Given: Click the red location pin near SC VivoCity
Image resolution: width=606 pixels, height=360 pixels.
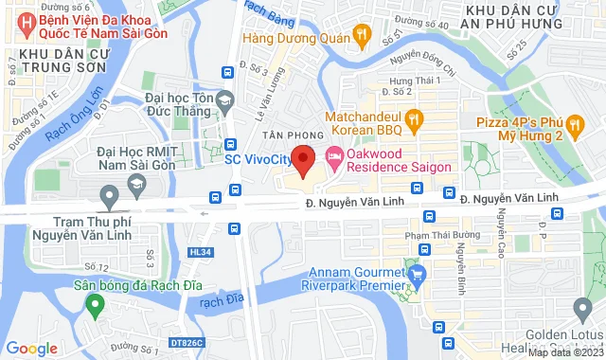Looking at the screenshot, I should click(302, 160).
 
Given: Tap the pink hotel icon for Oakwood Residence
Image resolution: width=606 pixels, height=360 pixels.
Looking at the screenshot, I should click(333, 155).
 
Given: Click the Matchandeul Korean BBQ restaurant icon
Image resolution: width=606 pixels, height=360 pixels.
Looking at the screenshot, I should click(413, 118).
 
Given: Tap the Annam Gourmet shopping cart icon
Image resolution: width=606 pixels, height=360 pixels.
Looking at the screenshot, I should click(416, 274).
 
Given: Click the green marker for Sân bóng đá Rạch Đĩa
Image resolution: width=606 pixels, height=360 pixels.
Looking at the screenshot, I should click(94, 304).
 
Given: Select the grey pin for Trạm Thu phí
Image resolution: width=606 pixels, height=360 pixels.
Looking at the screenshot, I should click(110, 197).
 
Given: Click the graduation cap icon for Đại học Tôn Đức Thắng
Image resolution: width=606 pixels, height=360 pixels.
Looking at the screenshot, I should click(224, 98).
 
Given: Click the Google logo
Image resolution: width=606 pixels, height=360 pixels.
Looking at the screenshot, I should click(32, 348).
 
